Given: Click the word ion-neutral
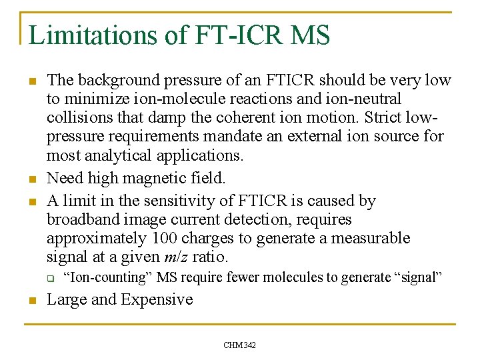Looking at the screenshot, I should (365, 99).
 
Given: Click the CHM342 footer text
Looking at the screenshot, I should (240, 345).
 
